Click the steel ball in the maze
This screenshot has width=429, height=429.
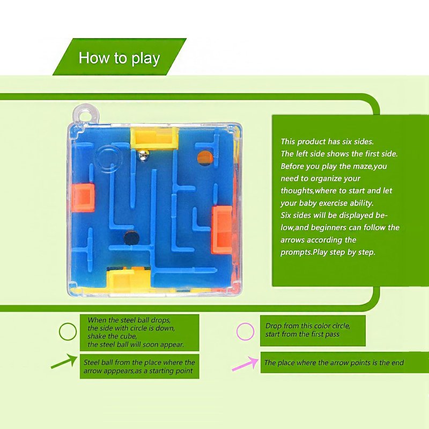click(x=143, y=156)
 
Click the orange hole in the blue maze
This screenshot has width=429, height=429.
click(x=205, y=158)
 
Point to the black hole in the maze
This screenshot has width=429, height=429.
click(x=131, y=237)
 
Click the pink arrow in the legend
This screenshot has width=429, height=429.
click(x=245, y=364)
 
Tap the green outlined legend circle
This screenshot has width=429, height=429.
click(x=68, y=331)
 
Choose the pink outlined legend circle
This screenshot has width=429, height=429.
click(x=246, y=331)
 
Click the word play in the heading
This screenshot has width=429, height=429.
click(x=145, y=59)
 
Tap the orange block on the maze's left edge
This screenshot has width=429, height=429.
click(x=83, y=198)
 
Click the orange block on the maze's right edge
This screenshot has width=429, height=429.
click(x=222, y=231)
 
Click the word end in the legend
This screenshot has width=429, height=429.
click(x=398, y=363)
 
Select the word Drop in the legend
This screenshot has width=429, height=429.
click(x=273, y=326)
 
